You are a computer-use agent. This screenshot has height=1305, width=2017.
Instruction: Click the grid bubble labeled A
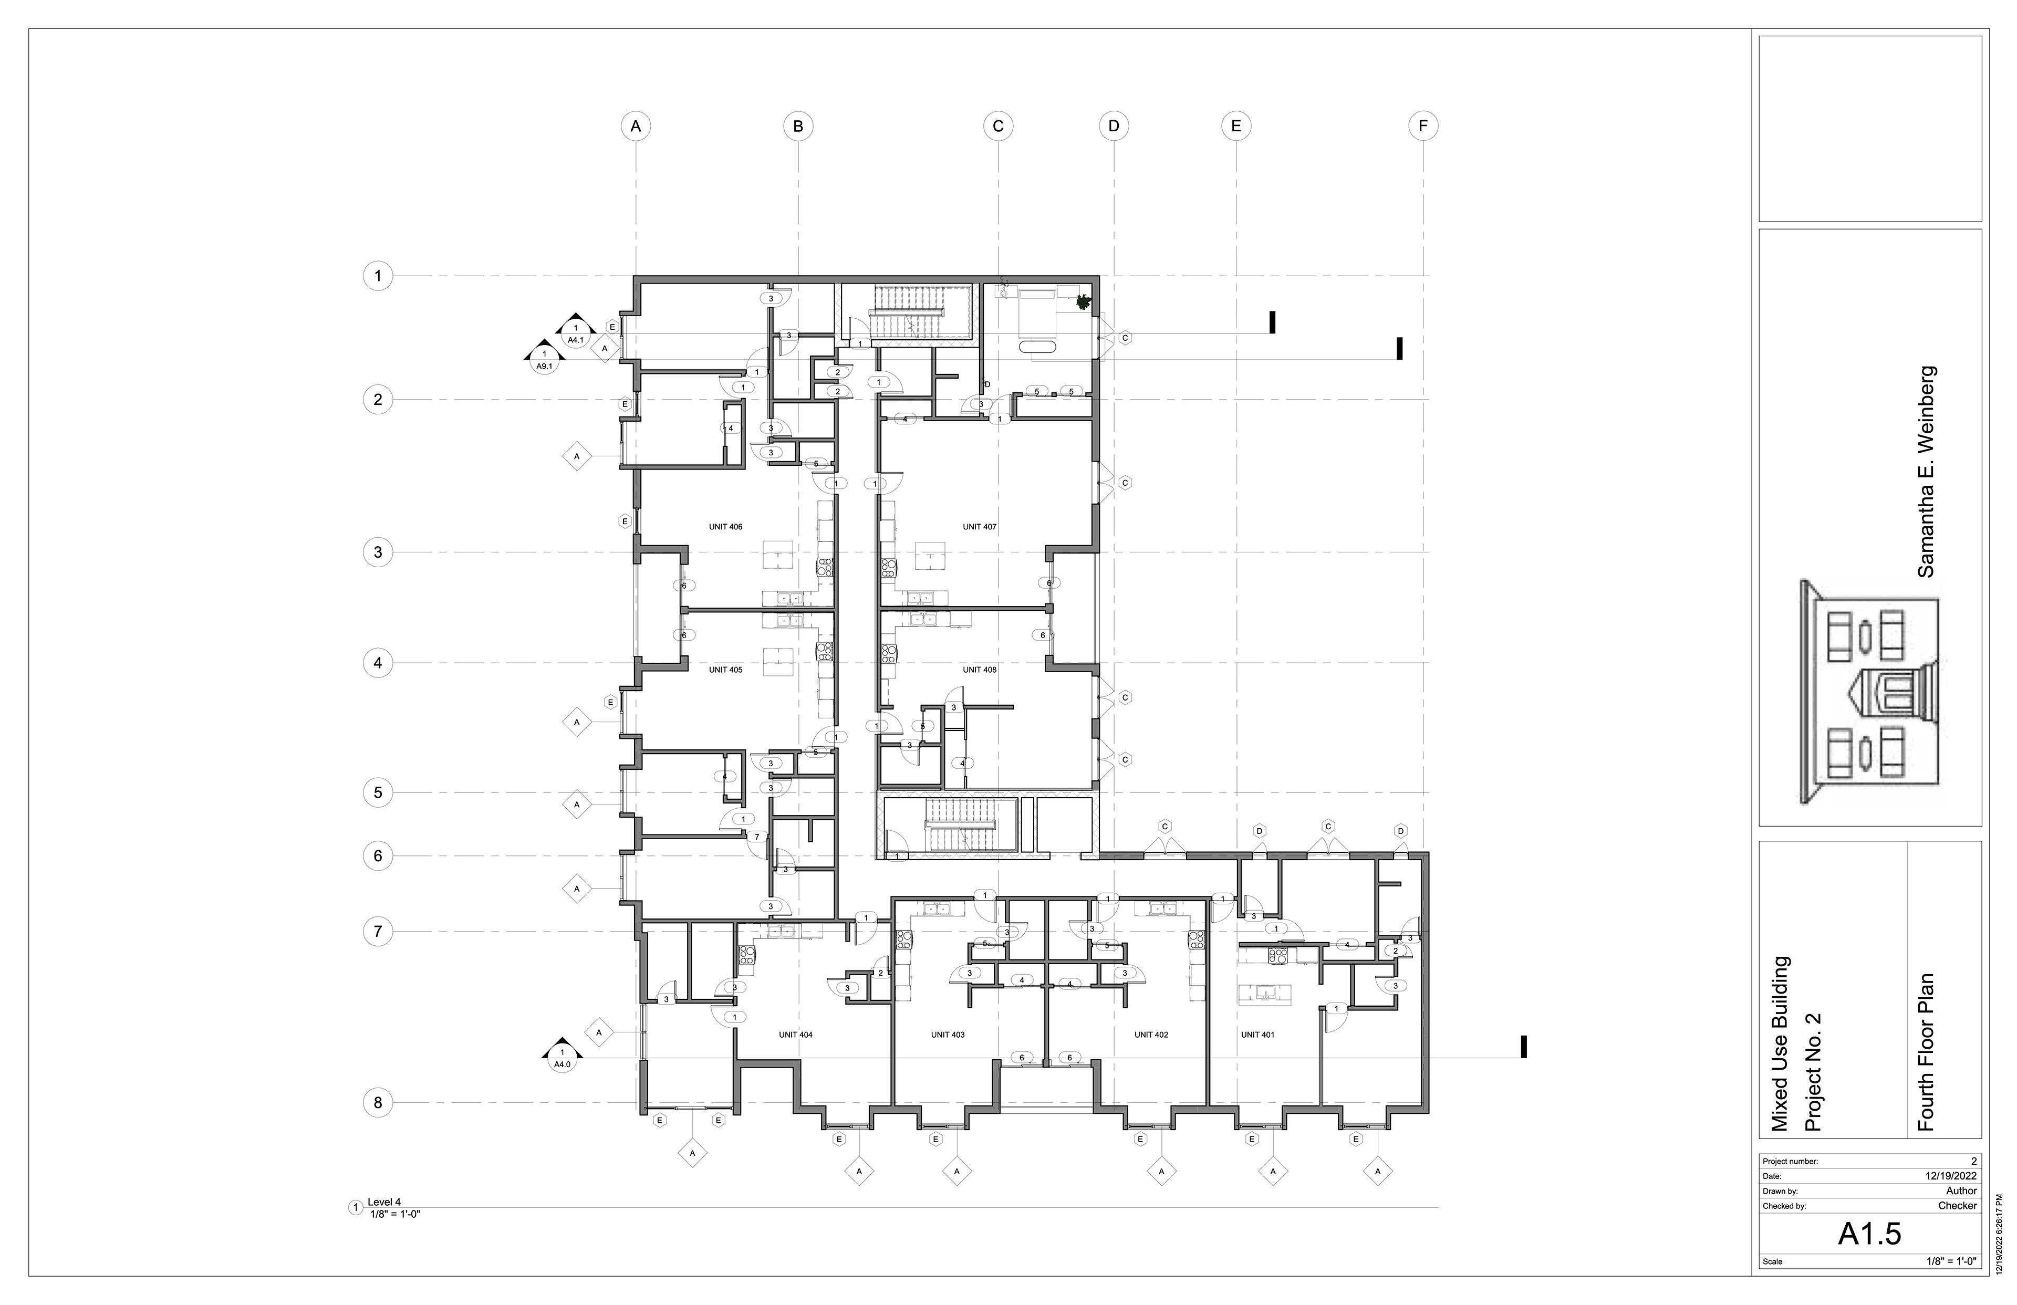(636, 126)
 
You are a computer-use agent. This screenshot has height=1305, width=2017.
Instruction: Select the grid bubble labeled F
(1423, 126)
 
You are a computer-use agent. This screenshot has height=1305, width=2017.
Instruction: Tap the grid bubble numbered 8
(378, 1102)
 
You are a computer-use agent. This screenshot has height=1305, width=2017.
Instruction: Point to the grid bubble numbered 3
(378, 552)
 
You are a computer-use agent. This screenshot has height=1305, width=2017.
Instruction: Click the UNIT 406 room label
(725, 527)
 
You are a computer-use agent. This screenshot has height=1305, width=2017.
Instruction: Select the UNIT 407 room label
(979, 527)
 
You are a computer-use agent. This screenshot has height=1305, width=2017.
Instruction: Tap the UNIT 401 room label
(1257, 1035)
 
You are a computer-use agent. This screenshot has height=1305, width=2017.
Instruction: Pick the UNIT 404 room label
(796, 1035)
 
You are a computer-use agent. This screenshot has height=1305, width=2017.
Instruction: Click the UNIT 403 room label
(948, 1035)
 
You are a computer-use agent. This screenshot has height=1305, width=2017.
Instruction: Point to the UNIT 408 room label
(979, 670)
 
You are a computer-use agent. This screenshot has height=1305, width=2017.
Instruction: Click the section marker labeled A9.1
(544, 359)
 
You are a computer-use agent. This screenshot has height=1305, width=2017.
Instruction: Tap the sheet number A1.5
(1869, 1234)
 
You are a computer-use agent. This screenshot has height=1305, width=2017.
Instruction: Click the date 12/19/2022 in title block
(1951, 1176)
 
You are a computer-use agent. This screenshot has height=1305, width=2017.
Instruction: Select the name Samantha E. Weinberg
(1926, 472)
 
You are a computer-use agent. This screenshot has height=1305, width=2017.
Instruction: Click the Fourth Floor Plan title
(1926, 1052)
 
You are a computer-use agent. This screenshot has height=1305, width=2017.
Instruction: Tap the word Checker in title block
(1957, 1205)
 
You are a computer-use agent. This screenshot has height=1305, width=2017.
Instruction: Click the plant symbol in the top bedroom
(1082, 301)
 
